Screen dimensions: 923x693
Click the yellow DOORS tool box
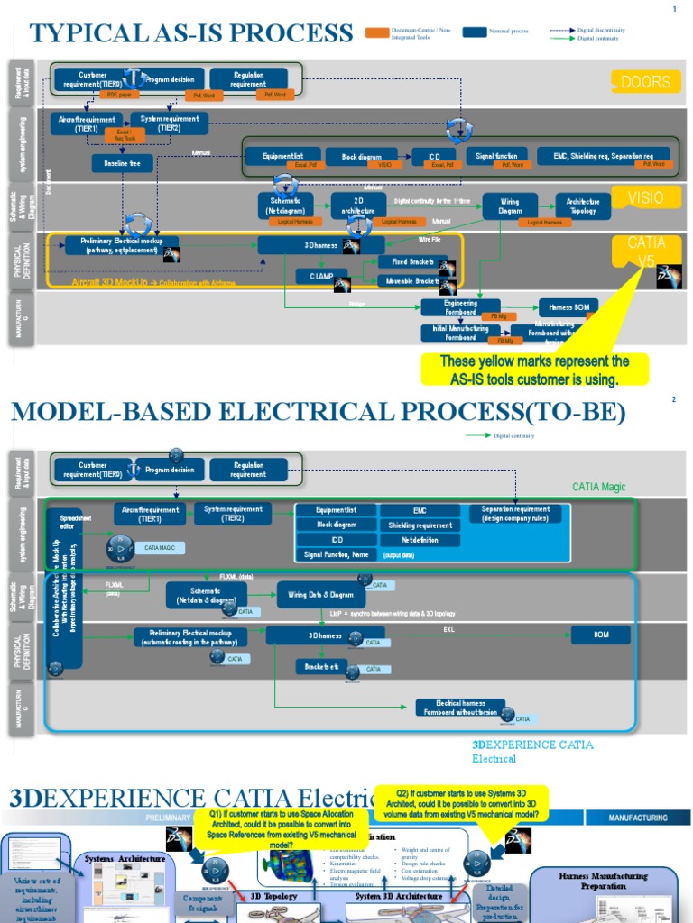(644, 81)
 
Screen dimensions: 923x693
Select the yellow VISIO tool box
(644, 198)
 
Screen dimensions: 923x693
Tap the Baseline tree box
(122, 163)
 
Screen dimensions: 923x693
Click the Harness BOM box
(568, 306)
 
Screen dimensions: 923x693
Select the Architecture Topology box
(582, 206)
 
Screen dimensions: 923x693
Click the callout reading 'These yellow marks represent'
(534, 370)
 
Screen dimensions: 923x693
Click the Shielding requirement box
(420, 525)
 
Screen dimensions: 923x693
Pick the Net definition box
(420, 540)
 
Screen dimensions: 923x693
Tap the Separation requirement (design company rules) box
(515, 514)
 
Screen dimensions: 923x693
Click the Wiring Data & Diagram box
(320, 595)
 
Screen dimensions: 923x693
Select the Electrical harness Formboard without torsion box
(460, 708)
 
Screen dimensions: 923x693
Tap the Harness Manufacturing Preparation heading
(603, 881)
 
